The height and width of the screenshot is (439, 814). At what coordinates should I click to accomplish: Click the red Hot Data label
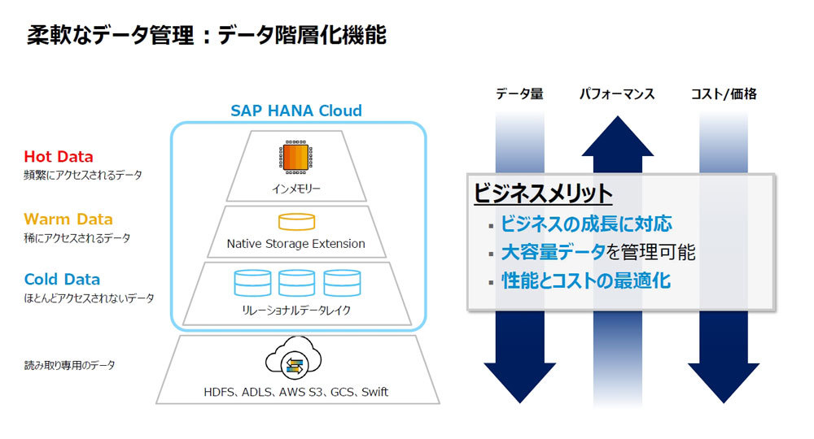coord(58,157)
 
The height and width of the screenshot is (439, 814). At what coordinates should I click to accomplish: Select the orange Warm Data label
coord(68,219)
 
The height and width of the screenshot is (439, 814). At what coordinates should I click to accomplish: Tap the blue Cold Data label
coord(62,280)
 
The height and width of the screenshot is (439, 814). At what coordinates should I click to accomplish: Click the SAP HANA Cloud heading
coord(296,111)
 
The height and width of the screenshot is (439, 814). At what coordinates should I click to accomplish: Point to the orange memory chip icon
coord(296,157)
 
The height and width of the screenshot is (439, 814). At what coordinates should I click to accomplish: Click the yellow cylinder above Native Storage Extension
coord(296,222)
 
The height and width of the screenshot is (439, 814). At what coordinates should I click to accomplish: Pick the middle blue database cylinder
coord(296,283)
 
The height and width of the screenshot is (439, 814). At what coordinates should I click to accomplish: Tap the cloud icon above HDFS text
coord(293,357)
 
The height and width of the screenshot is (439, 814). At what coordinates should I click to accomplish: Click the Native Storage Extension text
coord(296,244)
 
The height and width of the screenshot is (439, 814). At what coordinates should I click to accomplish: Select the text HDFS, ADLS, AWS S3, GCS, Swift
coord(296,392)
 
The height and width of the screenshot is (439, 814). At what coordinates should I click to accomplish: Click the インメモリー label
coord(296,189)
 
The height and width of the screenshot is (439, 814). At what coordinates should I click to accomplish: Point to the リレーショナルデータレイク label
coord(296,310)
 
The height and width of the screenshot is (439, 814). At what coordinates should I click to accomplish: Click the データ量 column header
coord(519,93)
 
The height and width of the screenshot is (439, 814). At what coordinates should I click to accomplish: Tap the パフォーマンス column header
coord(617,93)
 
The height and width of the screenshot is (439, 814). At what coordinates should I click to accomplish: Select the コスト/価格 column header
coord(724,93)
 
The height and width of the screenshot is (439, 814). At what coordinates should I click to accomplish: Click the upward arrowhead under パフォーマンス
coord(617,136)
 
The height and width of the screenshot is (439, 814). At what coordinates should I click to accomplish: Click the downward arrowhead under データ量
coord(519,383)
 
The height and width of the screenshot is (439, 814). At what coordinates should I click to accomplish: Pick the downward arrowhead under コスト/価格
coord(724,383)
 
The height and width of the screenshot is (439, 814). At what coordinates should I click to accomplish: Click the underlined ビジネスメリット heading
coord(543,193)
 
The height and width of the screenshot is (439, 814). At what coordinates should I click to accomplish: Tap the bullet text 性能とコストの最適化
coord(586,281)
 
